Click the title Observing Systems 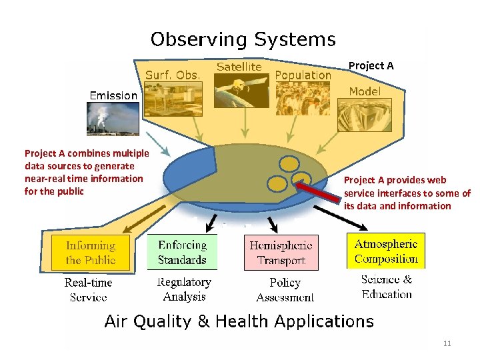[x=243, y=39]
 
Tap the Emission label [x=113, y=95]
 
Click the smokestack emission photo [x=113, y=119]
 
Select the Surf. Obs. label [x=173, y=75]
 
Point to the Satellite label [x=239, y=67]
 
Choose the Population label [x=303, y=75]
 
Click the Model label [x=365, y=91]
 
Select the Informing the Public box [x=91, y=253]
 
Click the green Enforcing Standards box [x=182, y=253]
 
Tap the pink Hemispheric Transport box [x=281, y=253]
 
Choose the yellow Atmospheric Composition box [x=386, y=251]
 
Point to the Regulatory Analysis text [x=184, y=289]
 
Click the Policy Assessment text [x=285, y=290]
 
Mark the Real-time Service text [x=88, y=289]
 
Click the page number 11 [x=447, y=343]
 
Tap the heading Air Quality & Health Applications [x=239, y=322]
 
